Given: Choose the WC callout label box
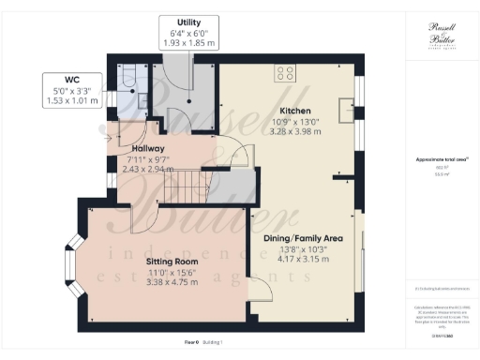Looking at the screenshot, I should (71, 90).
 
